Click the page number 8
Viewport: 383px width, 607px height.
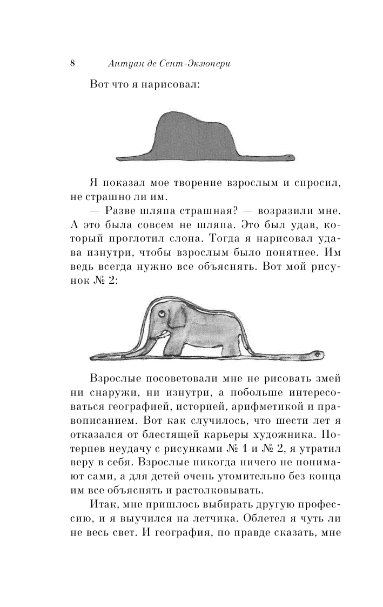(72, 63)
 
